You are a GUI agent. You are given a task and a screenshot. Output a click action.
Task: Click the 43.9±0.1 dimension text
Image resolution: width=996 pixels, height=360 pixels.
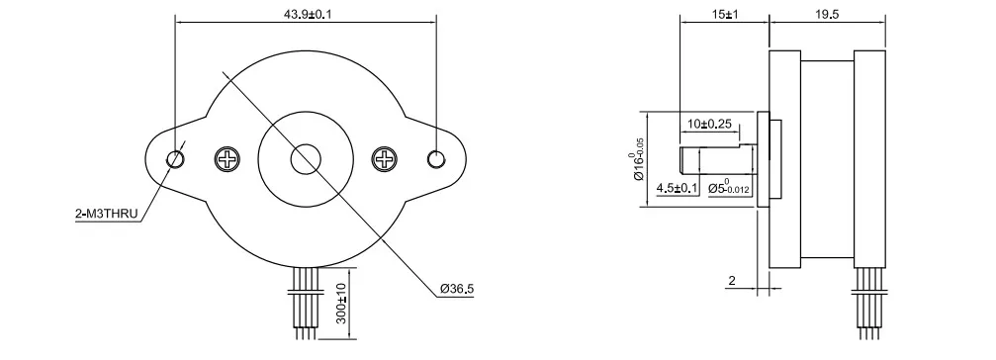click(x=306, y=13)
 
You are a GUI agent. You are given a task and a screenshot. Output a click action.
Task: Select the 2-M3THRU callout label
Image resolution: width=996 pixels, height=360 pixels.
click(x=106, y=215)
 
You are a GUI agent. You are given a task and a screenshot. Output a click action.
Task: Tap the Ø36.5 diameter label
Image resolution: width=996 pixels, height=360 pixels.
click(x=457, y=289)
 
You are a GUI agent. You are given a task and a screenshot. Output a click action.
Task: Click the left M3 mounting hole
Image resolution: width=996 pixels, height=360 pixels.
click(x=175, y=158)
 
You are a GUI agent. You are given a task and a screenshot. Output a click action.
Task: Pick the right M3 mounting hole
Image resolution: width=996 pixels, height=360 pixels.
click(x=436, y=158)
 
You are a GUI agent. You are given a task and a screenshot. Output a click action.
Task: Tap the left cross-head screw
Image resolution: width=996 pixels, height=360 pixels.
click(x=227, y=158)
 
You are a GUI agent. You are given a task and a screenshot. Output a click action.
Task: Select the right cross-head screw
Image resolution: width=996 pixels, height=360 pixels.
click(x=385, y=158)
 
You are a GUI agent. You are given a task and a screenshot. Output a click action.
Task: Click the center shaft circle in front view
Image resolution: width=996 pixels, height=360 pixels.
click(x=306, y=158)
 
